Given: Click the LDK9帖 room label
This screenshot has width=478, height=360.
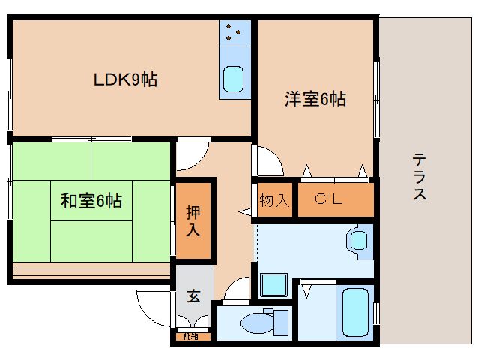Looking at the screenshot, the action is [x=125, y=79].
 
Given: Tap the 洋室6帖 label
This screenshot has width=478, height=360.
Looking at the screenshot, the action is [x=315, y=98].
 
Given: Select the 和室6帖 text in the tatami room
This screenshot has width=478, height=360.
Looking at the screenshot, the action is [x=91, y=201].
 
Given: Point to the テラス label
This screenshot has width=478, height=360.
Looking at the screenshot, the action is [x=420, y=177].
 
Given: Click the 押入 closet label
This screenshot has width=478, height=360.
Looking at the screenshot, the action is [x=193, y=221].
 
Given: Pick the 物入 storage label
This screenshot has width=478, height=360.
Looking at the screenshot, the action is [x=274, y=200].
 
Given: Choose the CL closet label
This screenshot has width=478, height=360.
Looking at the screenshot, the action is [x=329, y=199].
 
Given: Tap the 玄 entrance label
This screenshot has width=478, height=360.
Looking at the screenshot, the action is [x=194, y=295].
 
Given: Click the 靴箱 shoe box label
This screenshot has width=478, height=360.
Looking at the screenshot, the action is [x=191, y=337].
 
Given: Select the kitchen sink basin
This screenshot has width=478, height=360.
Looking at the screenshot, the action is [x=234, y=79].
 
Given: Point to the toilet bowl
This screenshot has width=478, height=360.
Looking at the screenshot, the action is [x=257, y=322].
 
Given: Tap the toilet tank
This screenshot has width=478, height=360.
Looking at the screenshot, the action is [x=281, y=322].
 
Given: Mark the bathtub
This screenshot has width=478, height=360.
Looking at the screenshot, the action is [x=355, y=313].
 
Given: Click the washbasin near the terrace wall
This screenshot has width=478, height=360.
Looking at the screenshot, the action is [x=359, y=240].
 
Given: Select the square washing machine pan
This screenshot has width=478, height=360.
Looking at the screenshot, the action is [x=274, y=284].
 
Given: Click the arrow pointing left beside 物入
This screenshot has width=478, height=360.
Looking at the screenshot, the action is [x=245, y=211].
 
